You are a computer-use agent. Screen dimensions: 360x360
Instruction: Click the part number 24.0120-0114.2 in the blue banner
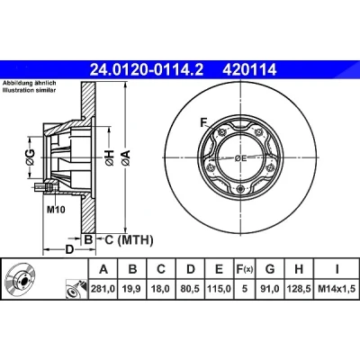(x=147, y=70)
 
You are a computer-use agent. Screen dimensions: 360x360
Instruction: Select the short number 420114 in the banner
(x=249, y=70)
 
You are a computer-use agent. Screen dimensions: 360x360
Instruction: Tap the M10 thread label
(x=56, y=210)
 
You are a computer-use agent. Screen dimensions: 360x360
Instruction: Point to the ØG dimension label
(x=31, y=157)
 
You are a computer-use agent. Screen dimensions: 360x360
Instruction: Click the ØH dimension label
(x=110, y=157)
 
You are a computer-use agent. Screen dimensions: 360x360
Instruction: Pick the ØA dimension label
(x=126, y=157)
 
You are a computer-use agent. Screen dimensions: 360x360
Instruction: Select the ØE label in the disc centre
(x=240, y=158)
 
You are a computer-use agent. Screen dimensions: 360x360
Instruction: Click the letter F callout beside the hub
(x=204, y=122)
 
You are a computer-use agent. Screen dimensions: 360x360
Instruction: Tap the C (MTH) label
(x=129, y=239)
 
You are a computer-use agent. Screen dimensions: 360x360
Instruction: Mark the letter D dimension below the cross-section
(x=69, y=249)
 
